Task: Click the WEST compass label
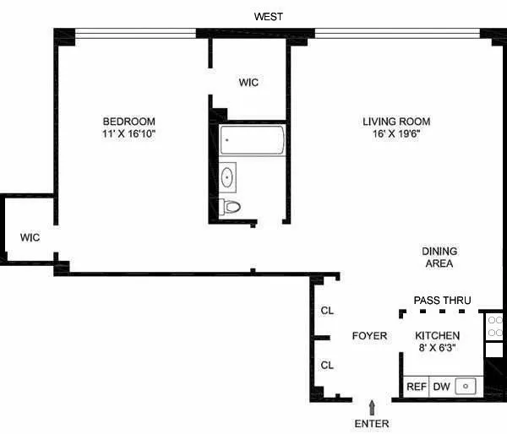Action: click(x=269, y=16)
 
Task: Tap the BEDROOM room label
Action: click(x=129, y=122)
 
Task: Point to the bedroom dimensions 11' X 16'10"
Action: click(x=129, y=134)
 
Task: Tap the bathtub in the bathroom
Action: click(x=253, y=139)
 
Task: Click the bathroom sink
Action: click(x=227, y=176)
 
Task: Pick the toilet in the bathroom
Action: click(x=231, y=207)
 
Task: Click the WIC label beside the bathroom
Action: click(x=248, y=83)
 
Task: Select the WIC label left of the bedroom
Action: click(x=30, y=237)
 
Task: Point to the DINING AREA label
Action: click(x=439, y=258)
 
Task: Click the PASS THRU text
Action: click(x=442, y=301)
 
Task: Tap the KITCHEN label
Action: click(x=437, y=335)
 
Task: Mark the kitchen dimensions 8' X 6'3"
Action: click(x=437, y=348)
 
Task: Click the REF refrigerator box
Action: click(x=416, y=387)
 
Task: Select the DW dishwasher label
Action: click(x=441, y=387)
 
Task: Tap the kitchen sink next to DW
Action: click(x=466, y=387)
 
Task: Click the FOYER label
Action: click(x=369, y=336)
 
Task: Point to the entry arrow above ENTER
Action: click(x=371, y=408)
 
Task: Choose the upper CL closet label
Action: click(x=327, y=311)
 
